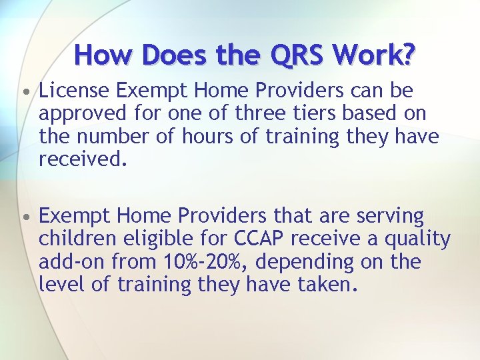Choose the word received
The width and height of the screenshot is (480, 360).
click(x=81, y=160)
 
